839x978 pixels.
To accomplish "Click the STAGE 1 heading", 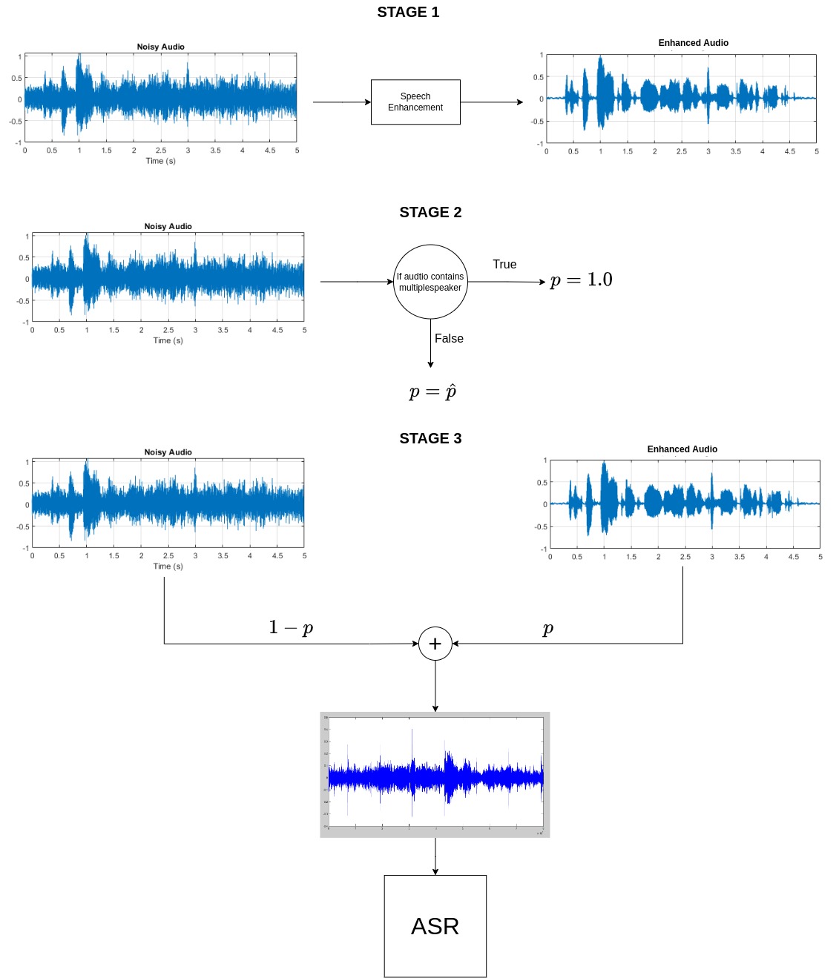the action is (x=408, y=13).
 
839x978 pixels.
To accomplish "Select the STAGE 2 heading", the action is (x=430, y=213).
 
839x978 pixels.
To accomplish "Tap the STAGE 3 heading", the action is (x=430, y=439).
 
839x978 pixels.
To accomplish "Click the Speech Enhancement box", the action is (x=415, y=102).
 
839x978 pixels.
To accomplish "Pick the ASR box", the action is (x=435, y=926).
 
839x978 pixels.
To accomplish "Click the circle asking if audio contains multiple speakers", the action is (x=430, y=282).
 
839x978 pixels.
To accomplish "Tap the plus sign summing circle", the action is (x=435, y=644).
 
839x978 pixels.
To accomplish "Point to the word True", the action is (x=504, y=265).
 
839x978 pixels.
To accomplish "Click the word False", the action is (x=449, y=339).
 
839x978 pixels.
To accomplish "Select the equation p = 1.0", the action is (x=581, y=280).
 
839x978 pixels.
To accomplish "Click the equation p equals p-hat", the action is (x=432, y=391).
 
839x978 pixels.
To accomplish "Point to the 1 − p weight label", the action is (x=291, y=628).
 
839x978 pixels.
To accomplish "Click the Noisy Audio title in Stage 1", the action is (x=160, y=47).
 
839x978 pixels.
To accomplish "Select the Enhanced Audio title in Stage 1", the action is (x=693, y=43).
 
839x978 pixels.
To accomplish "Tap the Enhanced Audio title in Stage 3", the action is (x=682, y=449).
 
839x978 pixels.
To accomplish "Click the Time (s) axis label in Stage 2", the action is (x=168, y=341).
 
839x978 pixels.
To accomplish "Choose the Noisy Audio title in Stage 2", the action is (x=168, y=227).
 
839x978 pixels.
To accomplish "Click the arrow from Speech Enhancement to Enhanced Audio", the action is (x=492, y=102).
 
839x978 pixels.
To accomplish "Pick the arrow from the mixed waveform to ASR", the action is (x=435, y=856).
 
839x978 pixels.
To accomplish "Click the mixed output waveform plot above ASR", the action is (x=435, y=774).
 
